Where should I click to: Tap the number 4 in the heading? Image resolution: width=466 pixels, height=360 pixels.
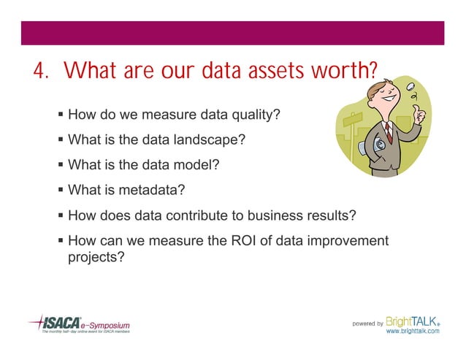tap(38, 72)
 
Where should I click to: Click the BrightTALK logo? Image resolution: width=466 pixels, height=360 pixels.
tap(412, 321)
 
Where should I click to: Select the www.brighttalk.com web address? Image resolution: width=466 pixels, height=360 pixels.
tap(412, 331)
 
